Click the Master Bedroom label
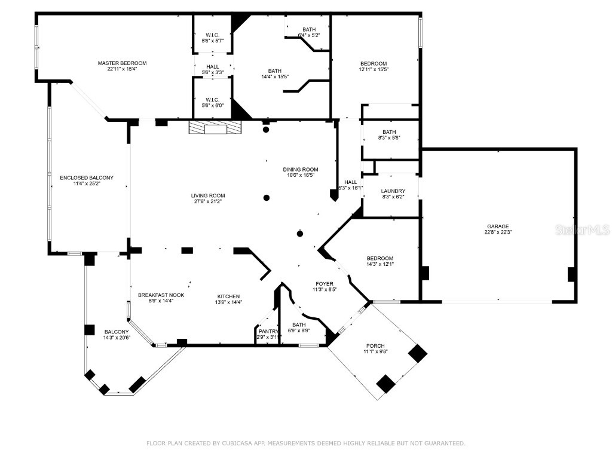[x=122, y=63]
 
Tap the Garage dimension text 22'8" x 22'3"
[x=498, y=232]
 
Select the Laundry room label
[x=393, y=191]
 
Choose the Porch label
[x=375, y=346]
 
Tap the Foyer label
[x=325, y=284]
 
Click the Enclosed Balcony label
[x=87, y=178]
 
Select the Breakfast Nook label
[x=161, y=295]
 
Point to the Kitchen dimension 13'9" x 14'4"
[x=228, y=302]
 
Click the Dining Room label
[x=301, y=169]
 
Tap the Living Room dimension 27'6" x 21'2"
[x=208, y=201]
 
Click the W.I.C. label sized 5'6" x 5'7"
[x=213, y=35]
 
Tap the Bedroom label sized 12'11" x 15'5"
[x=373, y=64]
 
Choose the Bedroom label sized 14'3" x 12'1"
[x=380, y=258]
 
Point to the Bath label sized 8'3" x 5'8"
[x=389, y=132]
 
